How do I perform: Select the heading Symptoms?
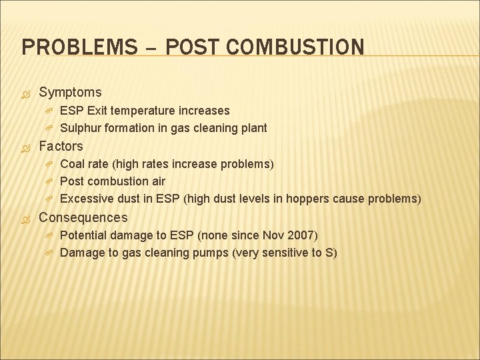(70, 92)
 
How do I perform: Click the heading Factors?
(61, 146)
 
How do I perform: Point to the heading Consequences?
(83, 217)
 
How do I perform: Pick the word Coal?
(72, 163)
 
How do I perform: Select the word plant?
(254, 127)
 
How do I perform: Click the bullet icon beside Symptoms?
(27, 93)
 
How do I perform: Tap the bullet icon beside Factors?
(27, 147)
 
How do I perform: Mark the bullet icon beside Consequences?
(27, 218)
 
